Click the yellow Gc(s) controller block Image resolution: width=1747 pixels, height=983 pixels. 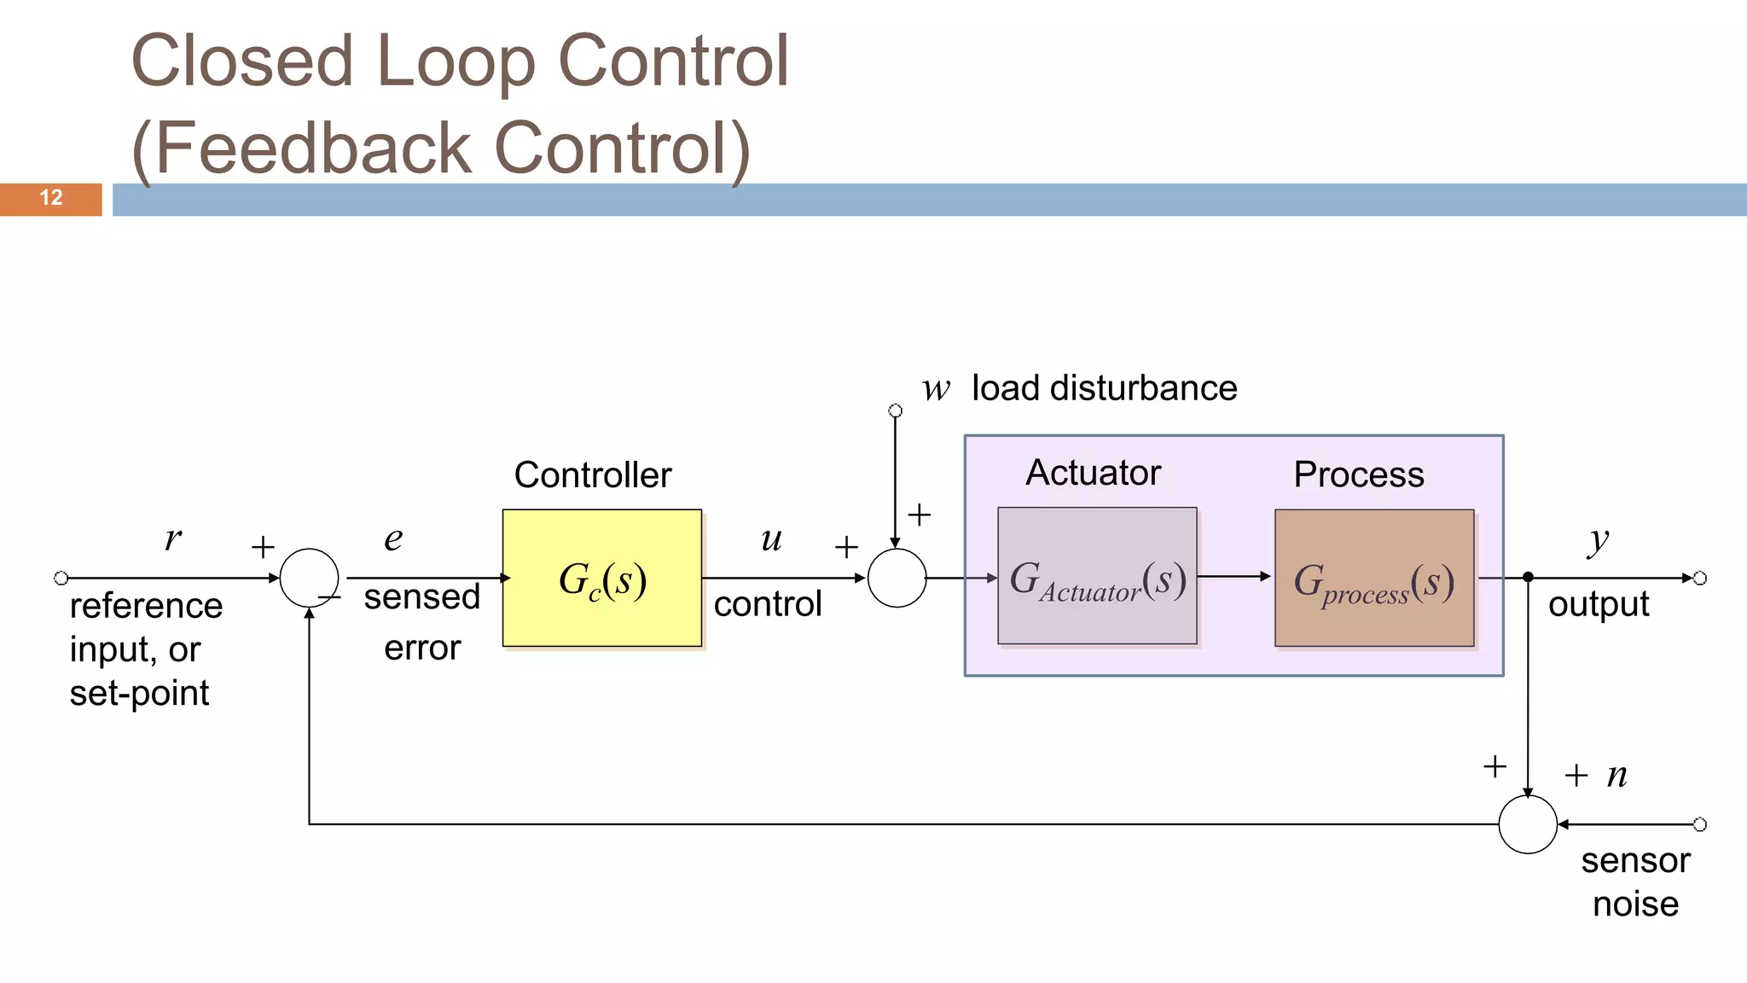(602, 579)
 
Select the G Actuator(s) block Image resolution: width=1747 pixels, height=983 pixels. (1097, 576)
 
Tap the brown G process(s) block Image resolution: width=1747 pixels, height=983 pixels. (1374, 579)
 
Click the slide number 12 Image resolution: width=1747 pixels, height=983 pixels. (51, 198)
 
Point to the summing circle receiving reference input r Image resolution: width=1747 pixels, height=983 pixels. (309, 578)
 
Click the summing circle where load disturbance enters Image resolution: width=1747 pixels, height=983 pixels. (897, 578)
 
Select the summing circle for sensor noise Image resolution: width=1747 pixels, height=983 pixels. (1527, 824)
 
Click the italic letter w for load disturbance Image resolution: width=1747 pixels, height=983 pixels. (935, 389)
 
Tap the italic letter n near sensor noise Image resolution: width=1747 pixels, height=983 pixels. (1616, 775)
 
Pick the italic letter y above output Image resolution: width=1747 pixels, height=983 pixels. (1598, 539)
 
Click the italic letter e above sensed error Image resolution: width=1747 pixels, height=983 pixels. (393, 538)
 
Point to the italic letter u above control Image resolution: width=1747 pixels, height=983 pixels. (771, 538)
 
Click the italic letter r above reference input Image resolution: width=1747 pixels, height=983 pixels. (173, 538)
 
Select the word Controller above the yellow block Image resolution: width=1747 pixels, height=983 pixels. (593, 474)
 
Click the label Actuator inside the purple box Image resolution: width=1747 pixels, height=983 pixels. (1093, 473)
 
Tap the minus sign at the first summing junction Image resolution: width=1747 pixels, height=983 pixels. (330, 597)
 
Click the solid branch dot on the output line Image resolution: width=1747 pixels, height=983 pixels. (1528, 578)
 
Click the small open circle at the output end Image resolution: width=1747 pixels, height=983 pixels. (1699, 578)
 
